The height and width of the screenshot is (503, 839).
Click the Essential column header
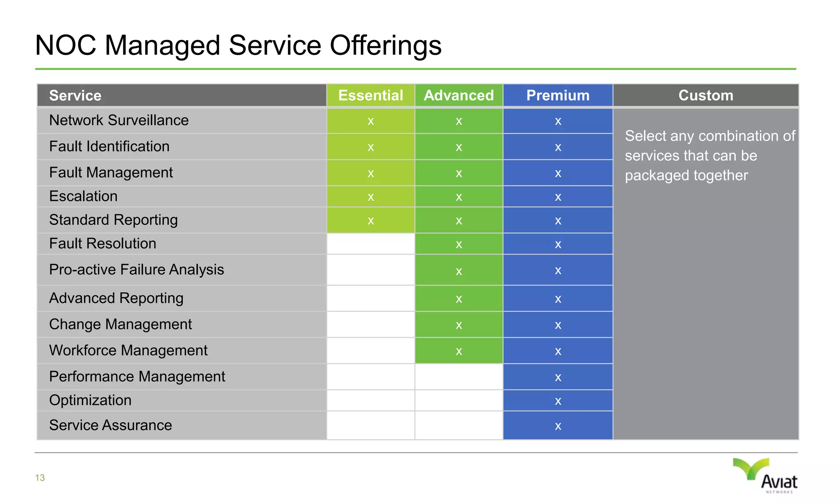tap(371, 95)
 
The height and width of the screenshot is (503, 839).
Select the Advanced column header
tap(459, 95)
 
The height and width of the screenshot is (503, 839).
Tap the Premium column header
tap(558, 95)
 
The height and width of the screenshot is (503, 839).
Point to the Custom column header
tap(705, 95)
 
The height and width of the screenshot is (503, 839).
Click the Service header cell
tap(75, 95)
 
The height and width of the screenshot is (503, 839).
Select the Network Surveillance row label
tap(119, 120)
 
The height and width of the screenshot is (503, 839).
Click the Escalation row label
tap(83, 196)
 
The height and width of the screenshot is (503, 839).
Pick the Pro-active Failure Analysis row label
tap(136, 270)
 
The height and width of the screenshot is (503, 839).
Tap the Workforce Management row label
tap(128, 350)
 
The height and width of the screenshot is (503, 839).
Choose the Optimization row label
tap(90, 400)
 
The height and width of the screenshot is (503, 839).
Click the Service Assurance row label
tap(111, 425)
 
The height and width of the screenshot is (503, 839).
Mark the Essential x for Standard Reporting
tap(371, 221)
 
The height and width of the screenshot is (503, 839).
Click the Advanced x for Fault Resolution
tap(459, 245)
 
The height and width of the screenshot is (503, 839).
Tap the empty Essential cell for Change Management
tap(371, 325)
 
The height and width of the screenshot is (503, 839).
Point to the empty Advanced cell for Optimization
tap(459, 400)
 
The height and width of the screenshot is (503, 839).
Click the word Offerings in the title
tap(385, 45)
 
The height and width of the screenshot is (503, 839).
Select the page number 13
tap(40, 478)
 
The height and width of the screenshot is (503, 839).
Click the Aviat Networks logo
tap(766, 476)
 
